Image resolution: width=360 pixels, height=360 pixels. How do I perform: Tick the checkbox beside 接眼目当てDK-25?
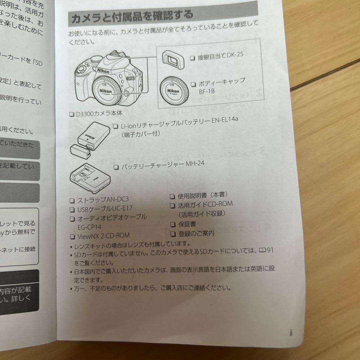192,58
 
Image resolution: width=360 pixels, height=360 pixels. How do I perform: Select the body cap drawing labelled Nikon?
173,91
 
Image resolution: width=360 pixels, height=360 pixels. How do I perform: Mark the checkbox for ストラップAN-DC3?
72,201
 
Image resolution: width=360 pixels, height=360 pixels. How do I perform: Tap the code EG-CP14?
89,227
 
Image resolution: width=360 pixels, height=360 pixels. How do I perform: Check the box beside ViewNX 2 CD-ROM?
72,237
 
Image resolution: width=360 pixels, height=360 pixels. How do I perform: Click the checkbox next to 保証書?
173,224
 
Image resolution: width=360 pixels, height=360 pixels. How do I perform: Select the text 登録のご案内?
196,233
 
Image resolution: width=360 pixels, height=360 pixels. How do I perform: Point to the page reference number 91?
270,250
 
